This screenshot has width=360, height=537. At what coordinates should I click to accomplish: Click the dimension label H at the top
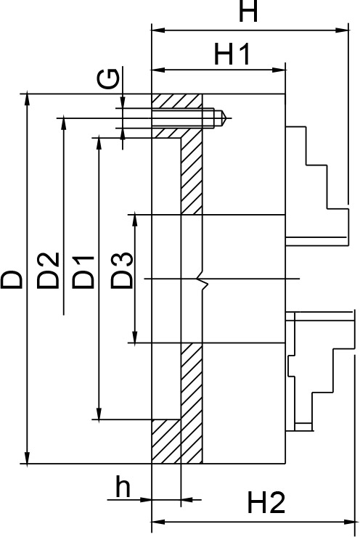(x=248, y=11)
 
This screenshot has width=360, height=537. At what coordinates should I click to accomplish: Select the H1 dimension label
(x=232, y=54)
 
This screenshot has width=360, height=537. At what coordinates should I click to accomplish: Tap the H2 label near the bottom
(x=266, y=502)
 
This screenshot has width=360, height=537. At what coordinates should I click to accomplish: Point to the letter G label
(x=108, y=79)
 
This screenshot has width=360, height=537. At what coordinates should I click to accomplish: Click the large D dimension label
(x=12, y=279)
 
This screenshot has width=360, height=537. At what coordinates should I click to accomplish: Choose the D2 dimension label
(x=48, y=271)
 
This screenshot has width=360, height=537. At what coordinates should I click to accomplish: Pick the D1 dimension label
(x=83, y=272)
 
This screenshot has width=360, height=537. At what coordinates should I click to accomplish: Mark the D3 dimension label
(x=122, y=270)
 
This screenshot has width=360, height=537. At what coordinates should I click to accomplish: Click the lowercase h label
(x=123, y=486)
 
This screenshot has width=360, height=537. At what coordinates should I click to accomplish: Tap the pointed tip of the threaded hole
(x=226, y=118)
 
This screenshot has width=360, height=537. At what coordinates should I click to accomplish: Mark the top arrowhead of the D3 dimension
(x=135, y=221)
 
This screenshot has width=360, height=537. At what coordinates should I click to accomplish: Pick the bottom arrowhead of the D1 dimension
(x=99, y=413)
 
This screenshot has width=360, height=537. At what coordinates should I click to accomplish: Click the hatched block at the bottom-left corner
(x=166, y=441)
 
